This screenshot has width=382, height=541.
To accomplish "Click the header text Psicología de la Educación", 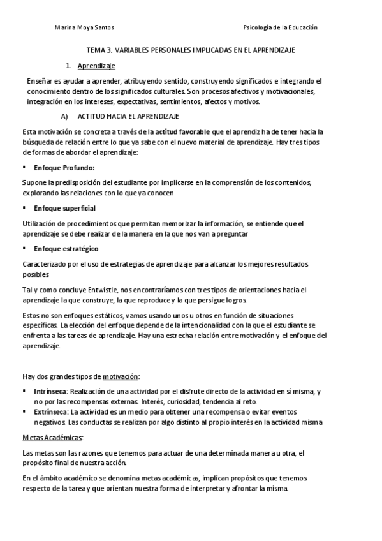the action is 281,27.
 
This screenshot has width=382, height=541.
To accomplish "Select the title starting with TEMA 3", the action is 191,50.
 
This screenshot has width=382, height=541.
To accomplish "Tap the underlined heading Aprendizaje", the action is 96,66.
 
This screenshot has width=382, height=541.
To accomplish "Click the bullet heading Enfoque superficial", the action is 65,209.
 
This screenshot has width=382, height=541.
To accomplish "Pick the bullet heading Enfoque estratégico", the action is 66,248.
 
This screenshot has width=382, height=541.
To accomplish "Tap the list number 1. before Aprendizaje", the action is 68,66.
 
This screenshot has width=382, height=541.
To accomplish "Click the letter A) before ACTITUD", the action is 64,117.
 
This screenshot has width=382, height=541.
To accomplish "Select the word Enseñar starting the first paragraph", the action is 38,82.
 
